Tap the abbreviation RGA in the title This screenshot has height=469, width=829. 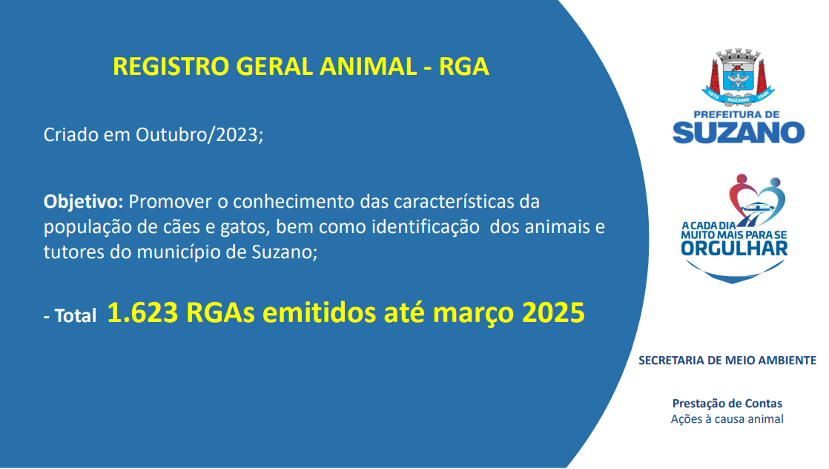463,67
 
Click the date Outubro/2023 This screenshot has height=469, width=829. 199,135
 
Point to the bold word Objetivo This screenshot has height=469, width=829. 83,202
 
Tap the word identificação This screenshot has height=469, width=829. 426,226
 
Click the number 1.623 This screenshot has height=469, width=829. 142,312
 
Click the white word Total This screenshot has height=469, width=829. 76,316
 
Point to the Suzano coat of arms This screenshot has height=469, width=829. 738,77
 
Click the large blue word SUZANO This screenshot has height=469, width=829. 739,132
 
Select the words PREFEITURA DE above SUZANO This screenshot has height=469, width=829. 736,114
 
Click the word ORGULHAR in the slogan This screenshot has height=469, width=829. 734,249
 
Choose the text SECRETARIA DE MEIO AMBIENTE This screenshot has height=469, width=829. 727,361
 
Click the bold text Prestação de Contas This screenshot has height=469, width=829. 727,404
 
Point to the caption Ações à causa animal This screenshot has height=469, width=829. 727,419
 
